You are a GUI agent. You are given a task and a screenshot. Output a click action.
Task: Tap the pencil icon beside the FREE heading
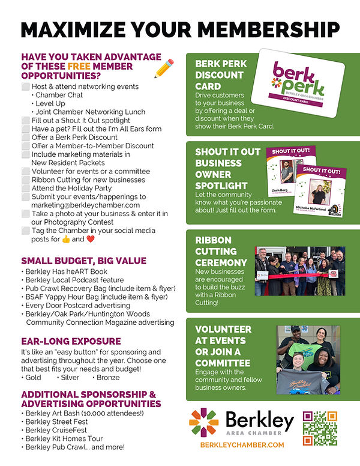click(x=163, y=68)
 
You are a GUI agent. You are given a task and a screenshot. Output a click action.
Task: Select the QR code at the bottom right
click(x=320, y=428)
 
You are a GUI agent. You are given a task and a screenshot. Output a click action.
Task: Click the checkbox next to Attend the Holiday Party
click(x=25, y=188)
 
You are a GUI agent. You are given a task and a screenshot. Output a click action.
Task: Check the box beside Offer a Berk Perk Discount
click(x=25, y=137)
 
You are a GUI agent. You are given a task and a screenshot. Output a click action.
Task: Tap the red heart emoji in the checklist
click(x=91, y=239)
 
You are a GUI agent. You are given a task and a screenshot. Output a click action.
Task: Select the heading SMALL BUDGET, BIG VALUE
click(x=83, y=261)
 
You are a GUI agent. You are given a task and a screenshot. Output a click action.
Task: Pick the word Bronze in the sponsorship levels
click(x=107, y=377)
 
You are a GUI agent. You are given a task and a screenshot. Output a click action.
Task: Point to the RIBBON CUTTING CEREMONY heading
click(x=221, y=251)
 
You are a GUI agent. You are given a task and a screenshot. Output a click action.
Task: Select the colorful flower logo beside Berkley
click(x=203, y=422)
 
